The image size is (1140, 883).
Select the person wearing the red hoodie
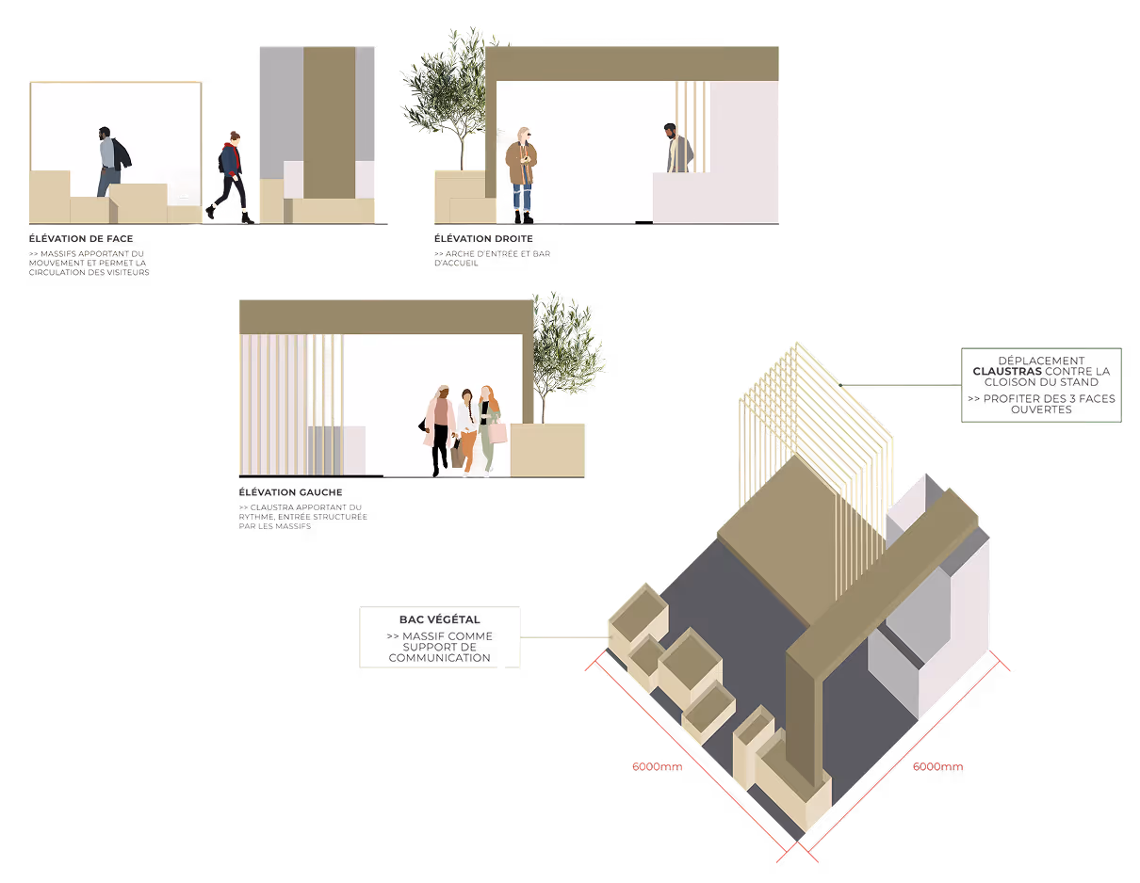click(x=232, y=174)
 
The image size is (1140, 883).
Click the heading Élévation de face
click(x=81, y=239)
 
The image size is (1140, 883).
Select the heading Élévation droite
click(x=483, y=239)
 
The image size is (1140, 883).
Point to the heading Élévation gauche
click(x=290, y=492)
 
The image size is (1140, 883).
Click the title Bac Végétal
click(x=439, y=619)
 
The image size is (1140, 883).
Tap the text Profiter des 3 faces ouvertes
click(x=1040, y=404)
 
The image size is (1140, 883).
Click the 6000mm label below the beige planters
click(x=657, y=766)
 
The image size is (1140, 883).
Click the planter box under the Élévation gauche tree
click(x=547, y=450)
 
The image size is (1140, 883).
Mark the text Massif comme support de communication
click(x=439, y=647)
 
